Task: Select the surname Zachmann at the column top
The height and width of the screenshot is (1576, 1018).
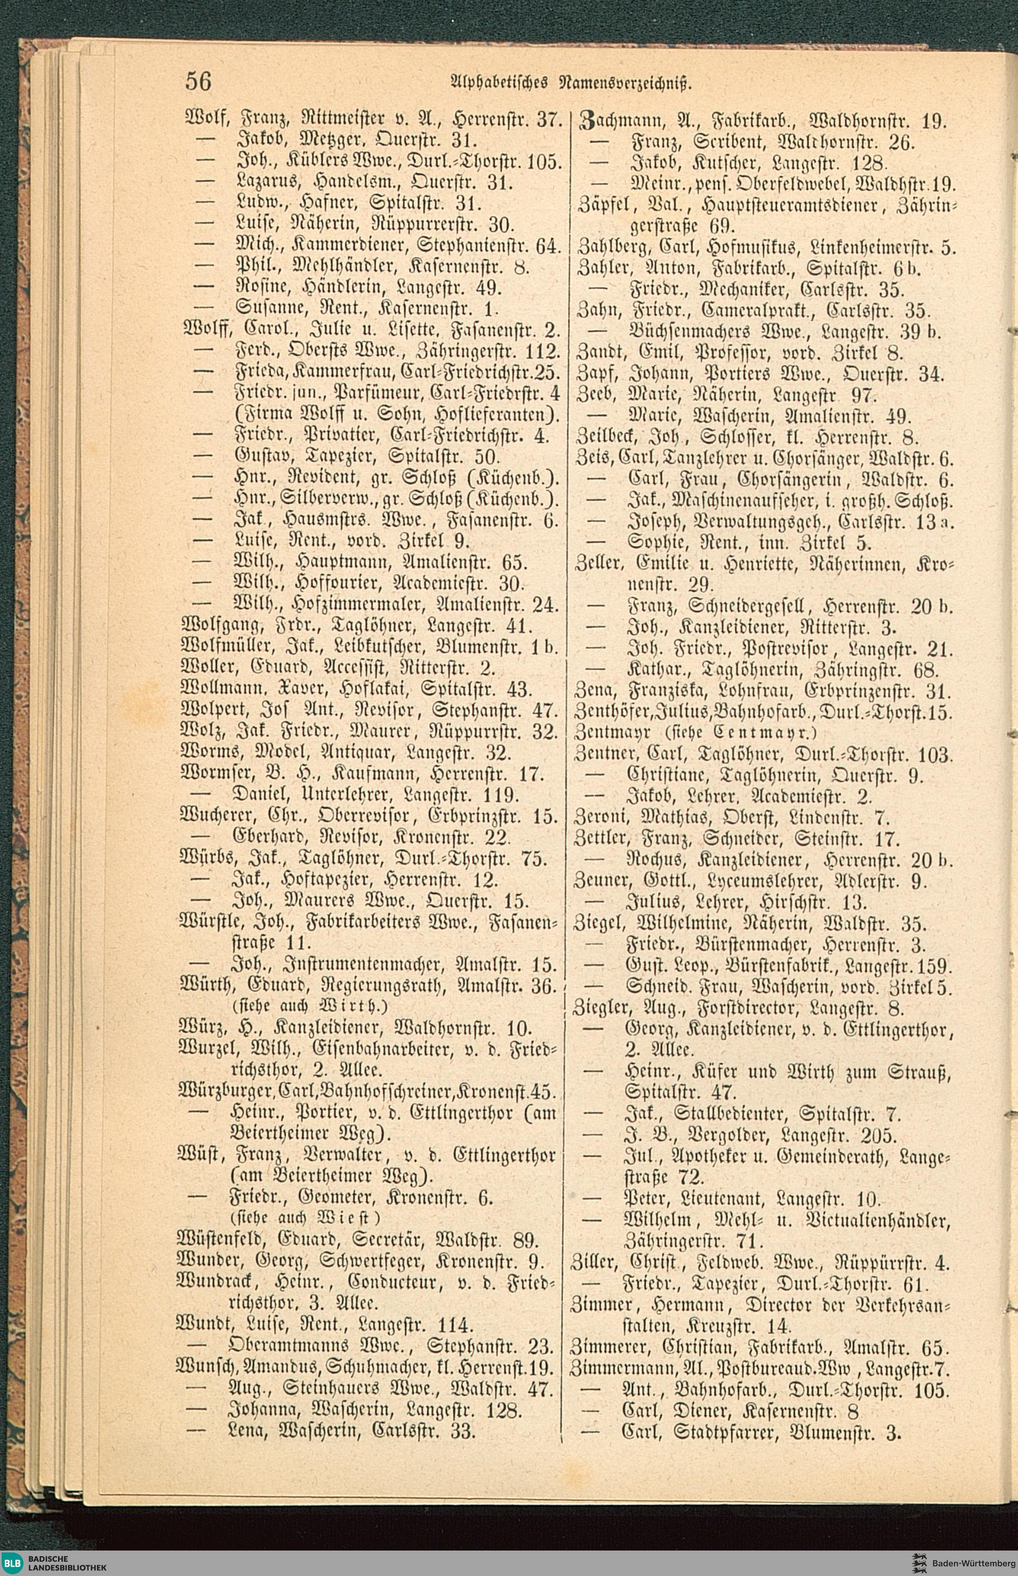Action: [x=613, y=121]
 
